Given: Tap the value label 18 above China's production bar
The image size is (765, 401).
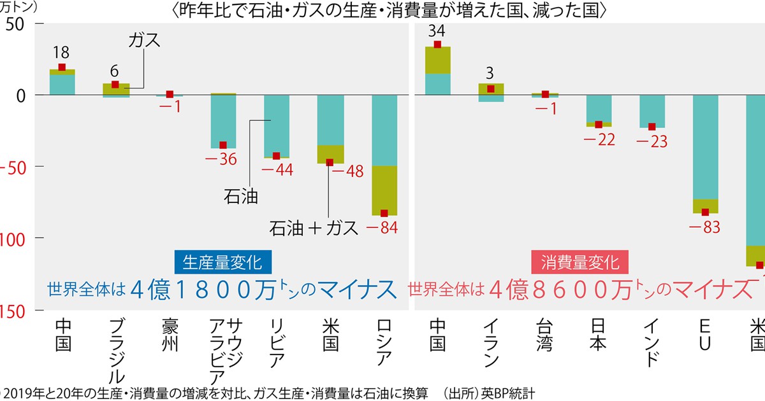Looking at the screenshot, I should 62,52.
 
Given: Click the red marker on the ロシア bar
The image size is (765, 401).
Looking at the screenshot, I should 384,213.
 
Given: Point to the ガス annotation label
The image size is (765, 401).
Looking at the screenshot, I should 143,40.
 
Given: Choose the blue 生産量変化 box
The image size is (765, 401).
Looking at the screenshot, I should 218,262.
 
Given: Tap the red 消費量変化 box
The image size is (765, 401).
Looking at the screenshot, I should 579,262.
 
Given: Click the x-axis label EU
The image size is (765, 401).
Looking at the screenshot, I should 706,334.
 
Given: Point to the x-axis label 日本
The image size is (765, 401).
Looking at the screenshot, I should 598,334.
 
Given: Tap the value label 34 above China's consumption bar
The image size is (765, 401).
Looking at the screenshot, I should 437,30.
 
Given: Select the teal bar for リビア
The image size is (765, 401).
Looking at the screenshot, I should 277,125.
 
